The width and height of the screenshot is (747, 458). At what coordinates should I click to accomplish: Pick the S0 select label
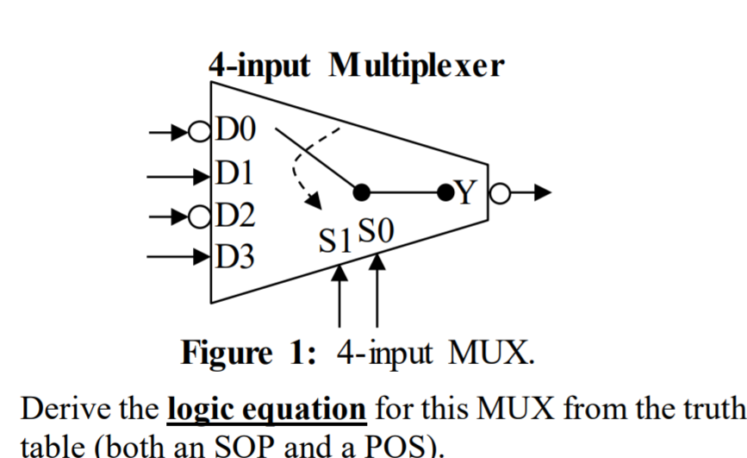point(376,232)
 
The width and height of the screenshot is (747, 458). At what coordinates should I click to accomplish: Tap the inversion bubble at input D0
point(200,133)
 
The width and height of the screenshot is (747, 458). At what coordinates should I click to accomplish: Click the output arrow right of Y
point(530,192)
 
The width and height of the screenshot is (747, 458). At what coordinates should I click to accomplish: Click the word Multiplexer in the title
point(416,66)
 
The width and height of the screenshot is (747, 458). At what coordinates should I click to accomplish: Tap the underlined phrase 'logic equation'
point(266,408)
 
